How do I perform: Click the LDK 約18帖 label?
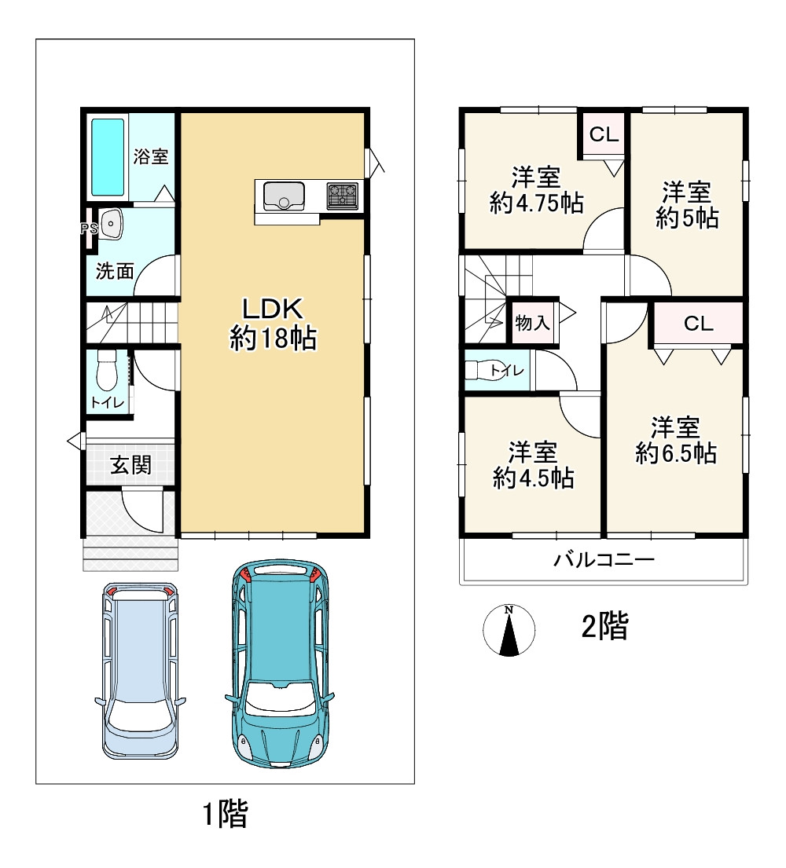coord(273,324)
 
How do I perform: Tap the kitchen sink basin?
coord(285,196)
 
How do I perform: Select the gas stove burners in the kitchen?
coord(343,196)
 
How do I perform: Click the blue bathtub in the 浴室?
coord(108,157)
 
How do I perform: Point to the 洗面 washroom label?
coord(116,271)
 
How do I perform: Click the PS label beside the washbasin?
coord(89,228)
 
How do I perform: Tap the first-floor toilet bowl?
coord(107,370)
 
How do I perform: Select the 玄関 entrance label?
coord(130,465)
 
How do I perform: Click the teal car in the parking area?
coord(280,663)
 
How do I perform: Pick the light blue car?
coord(140,670)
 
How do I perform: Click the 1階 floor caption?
coord(226,815)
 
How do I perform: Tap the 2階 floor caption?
coord(605,627)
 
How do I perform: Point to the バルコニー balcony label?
coord(604,559)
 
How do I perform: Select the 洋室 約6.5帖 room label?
coord(676,441)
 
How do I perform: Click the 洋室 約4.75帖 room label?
coord(536,190)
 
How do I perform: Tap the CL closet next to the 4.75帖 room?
coord(604,134)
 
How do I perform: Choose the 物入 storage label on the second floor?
coord(532,322)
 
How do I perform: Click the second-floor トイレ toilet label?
coord(507,370)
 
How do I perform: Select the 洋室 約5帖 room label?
coord(687,205)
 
